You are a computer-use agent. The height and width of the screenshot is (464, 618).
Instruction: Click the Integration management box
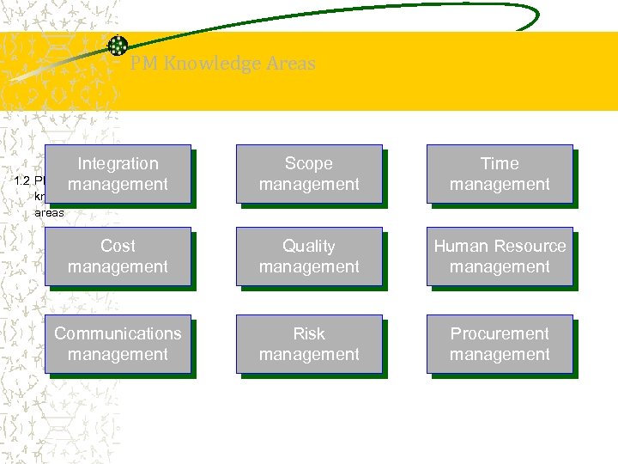(x=118, y=174)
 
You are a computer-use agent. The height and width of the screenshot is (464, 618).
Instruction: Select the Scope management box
(x=309, y=174)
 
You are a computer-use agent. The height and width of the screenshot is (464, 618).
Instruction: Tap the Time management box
(x=500, y=174)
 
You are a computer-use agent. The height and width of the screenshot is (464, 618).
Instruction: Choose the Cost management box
(x=118, y=256)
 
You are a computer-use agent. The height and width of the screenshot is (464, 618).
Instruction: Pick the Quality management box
(x=309, y=256)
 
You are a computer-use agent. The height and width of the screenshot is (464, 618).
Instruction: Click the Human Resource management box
(x=500, y=256)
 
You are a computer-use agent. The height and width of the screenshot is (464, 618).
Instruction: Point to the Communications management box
(x=118, y=344)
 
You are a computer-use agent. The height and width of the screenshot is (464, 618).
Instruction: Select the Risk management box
(x=309, y=344)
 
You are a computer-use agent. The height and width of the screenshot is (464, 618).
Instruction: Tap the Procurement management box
(x=500, y=344)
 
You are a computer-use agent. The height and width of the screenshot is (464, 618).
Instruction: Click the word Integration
(x=118, y=163)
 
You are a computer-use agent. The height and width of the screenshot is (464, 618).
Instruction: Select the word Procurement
(x=500, y=333)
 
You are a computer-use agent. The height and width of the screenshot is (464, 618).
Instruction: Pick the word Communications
(x=118, y=333)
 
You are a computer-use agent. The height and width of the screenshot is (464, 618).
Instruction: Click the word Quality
(x=309, y=246)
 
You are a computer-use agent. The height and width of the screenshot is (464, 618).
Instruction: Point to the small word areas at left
(x=49, y=211)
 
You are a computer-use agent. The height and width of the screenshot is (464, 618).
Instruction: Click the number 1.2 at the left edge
(x=24, y=181)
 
